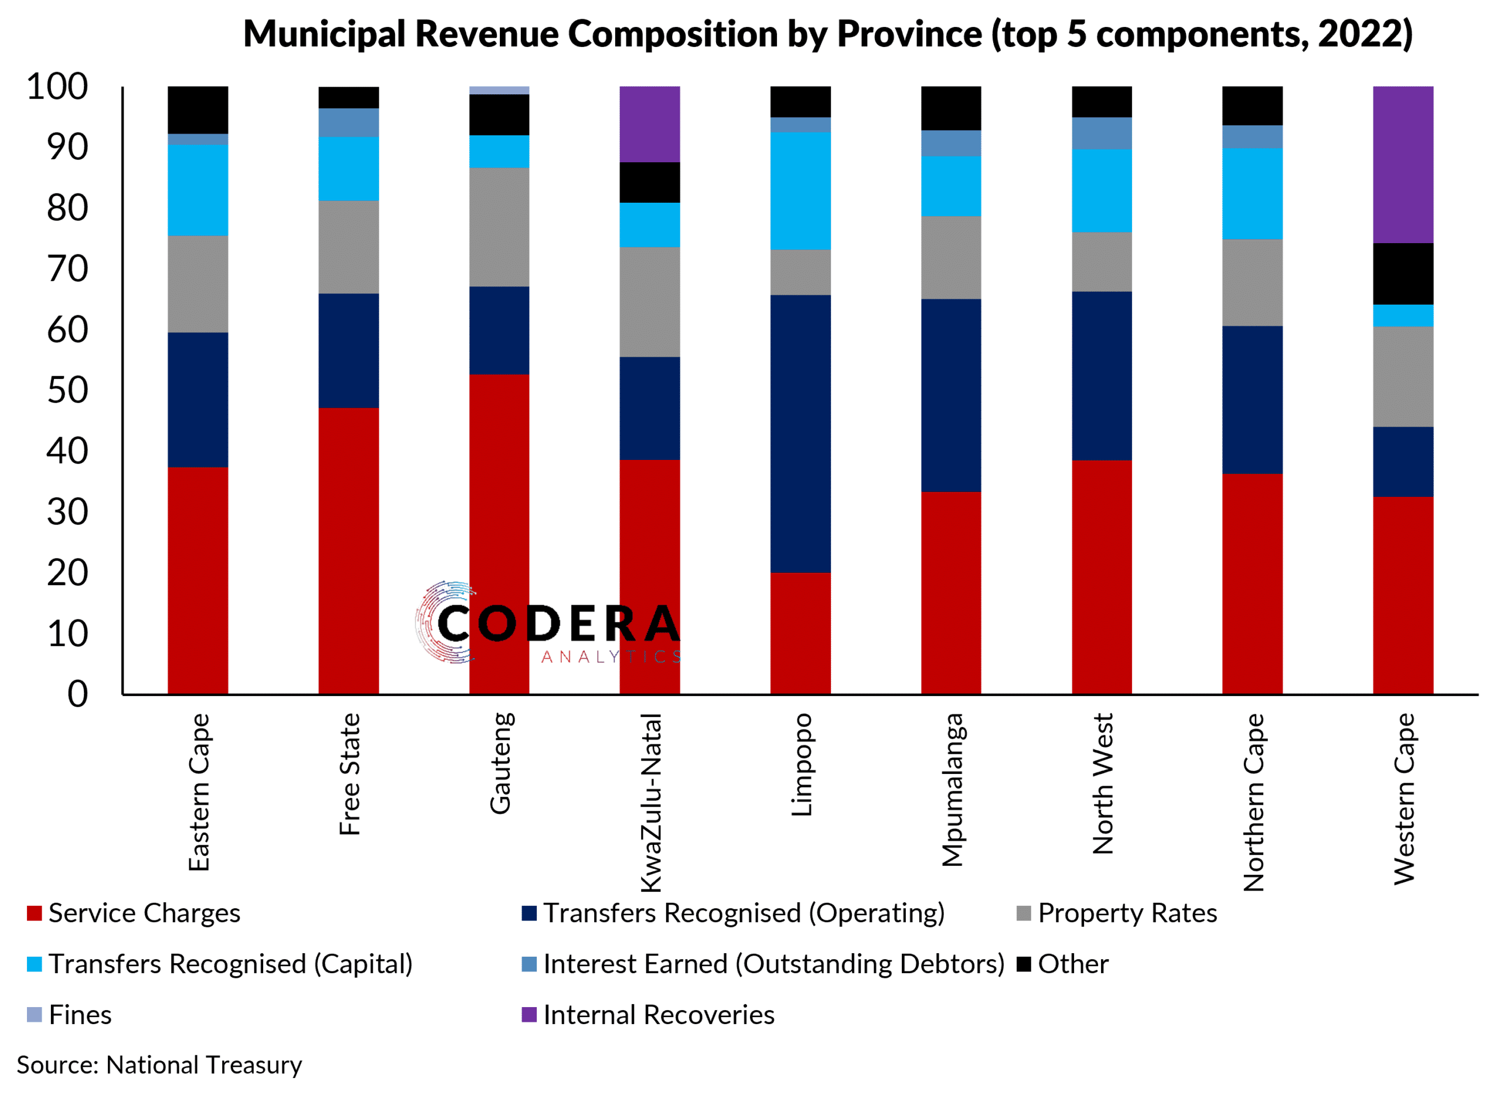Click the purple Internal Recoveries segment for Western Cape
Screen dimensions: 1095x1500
click(x=1402, y=165)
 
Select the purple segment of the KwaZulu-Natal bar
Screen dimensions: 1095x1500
click(x=650, y=124)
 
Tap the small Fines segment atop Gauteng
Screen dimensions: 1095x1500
click(x=499, y=90)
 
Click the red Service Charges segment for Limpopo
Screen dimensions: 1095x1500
click(x=800, y=633)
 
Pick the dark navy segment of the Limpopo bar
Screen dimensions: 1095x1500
click(x=800, y=434)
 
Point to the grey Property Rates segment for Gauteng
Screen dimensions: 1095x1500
click(x=499, y=227)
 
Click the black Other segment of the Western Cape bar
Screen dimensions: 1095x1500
click(x=1402, y=274)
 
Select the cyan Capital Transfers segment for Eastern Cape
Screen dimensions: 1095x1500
click(x=197, y=190)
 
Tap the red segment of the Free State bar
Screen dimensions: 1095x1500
click(x=349, y=550)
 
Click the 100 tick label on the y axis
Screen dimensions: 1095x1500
click(x=57, y=87)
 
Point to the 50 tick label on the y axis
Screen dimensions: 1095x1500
click(x=67, y=390)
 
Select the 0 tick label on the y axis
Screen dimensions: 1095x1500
click(x=77, y=694)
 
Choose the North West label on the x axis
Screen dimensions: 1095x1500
click(x=1103, y=783)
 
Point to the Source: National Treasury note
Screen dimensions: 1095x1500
click(x=159, y=1065)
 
